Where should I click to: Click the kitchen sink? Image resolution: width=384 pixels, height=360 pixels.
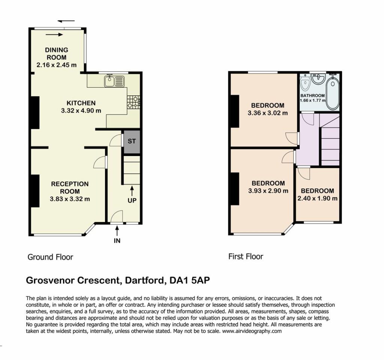coord(114,81)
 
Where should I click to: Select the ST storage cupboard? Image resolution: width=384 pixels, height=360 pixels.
coord(132,142)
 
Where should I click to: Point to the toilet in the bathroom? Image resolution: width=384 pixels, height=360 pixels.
coord(305,82)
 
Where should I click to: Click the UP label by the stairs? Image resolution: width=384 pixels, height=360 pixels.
coord(132,201)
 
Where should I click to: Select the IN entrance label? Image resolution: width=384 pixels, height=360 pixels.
coord(117,241)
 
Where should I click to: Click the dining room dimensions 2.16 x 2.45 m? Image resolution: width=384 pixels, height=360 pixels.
coord(57,65)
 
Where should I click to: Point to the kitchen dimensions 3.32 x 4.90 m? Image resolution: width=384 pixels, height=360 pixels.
coord(81,111)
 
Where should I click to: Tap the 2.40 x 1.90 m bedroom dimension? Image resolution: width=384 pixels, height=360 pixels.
coord(317,198)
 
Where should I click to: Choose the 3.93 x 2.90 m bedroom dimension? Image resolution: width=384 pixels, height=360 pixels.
coord(268,191)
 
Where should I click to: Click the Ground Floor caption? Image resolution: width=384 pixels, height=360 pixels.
coord(50,257)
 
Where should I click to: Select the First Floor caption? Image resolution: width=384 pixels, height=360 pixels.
coord(246,256)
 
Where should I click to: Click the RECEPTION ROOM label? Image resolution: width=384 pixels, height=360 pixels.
coord(70,187)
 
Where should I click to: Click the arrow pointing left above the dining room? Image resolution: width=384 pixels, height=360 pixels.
coord(66,21)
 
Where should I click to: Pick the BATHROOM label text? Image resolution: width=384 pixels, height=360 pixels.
coord(312,96)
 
